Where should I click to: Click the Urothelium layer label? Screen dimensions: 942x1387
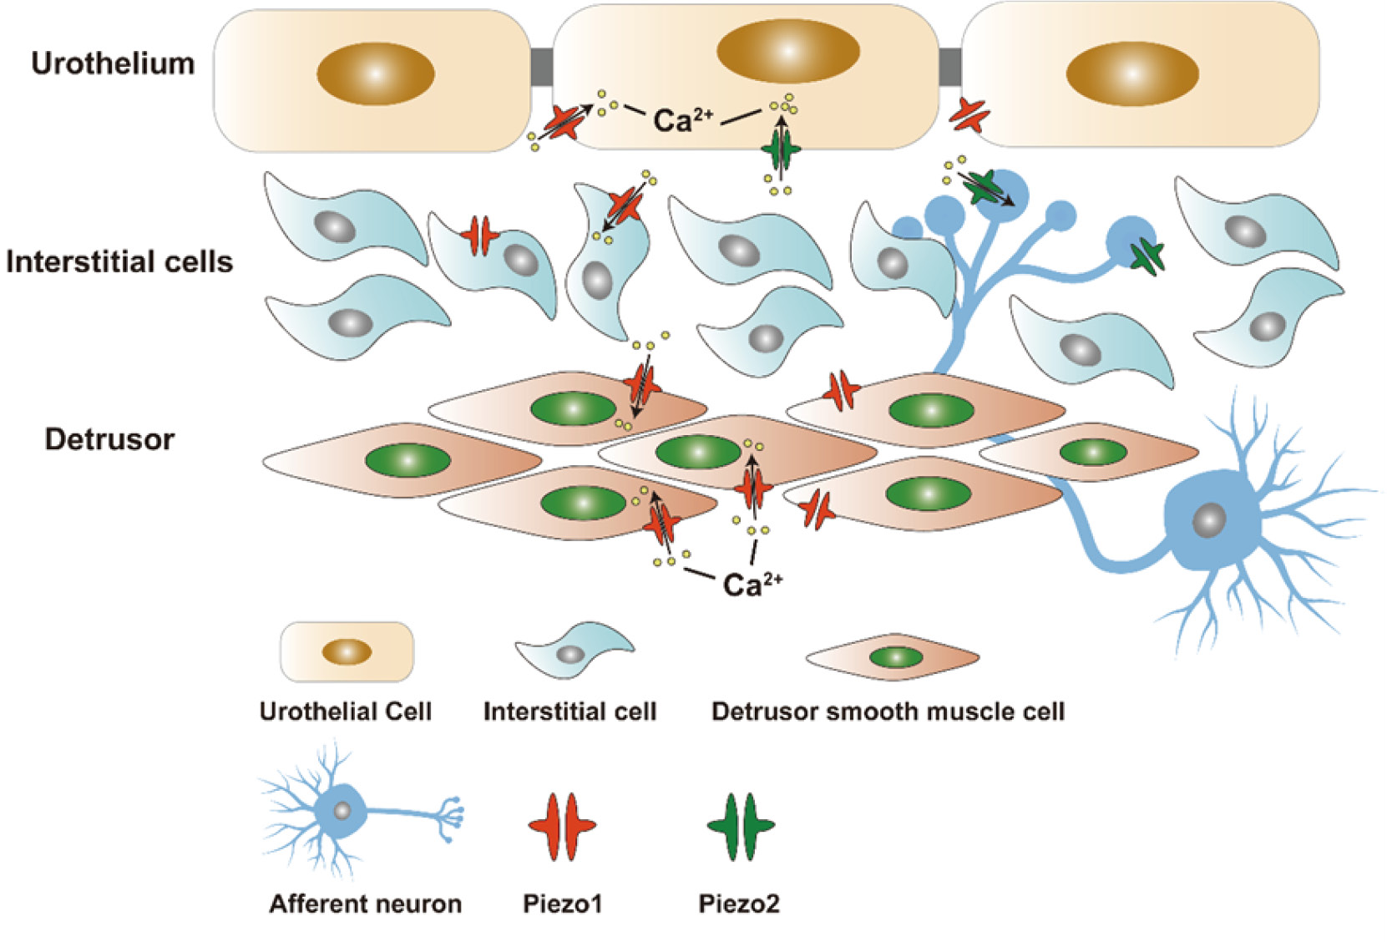pyautogui.click(x=113, y=64)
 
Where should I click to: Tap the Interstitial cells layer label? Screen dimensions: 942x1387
pyautogui.click(x=119, y=262)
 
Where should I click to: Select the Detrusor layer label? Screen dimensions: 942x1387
pyautogui.click(x=109, y=439)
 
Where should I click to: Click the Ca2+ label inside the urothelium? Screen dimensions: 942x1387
pyautogui.click(x=682, y=120)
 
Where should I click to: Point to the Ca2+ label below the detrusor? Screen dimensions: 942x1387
pyautogui.click(x=752, y=584)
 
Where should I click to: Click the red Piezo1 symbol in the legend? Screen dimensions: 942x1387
pyautogui.click(x=562, y=826)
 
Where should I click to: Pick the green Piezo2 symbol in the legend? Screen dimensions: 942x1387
pyautogui.click(x=741, y=826)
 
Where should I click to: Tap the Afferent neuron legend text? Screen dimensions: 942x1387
pyautogui.click(x=365, y=904)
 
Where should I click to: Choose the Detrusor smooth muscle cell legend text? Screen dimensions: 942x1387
pyautogui.click(x=888, y=712)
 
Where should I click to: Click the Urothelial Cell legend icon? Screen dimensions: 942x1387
pyautogui.click(x=347, y=651)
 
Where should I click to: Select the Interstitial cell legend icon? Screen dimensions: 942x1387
pyautogui.click(x=575, y=650)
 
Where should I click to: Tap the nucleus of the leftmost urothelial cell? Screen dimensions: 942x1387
pyautogui.click(x=376, y=73)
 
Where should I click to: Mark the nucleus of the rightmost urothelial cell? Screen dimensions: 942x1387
pyautogui.click(x=1132, y=73)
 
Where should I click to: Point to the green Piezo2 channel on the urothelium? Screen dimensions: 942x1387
pyautogui.click(x=781, y=150)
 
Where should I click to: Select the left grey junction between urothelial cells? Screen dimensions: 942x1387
pyautogui.click(x=542, y=67)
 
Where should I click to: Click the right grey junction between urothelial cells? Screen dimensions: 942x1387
pyautogui.click(x=950, y=67)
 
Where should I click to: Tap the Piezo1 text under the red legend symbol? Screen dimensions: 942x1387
pyautogui.click(x=562, y=904)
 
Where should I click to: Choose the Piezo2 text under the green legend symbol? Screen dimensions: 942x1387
pyautogui.click(x=739, y=904)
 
